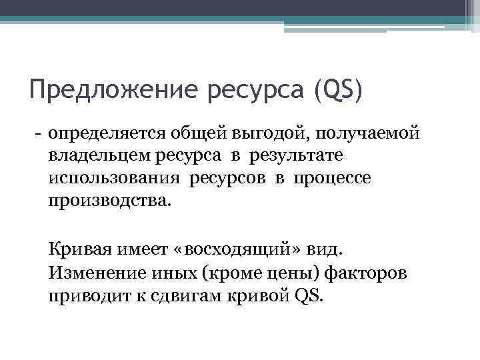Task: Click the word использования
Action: click(114, 179)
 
